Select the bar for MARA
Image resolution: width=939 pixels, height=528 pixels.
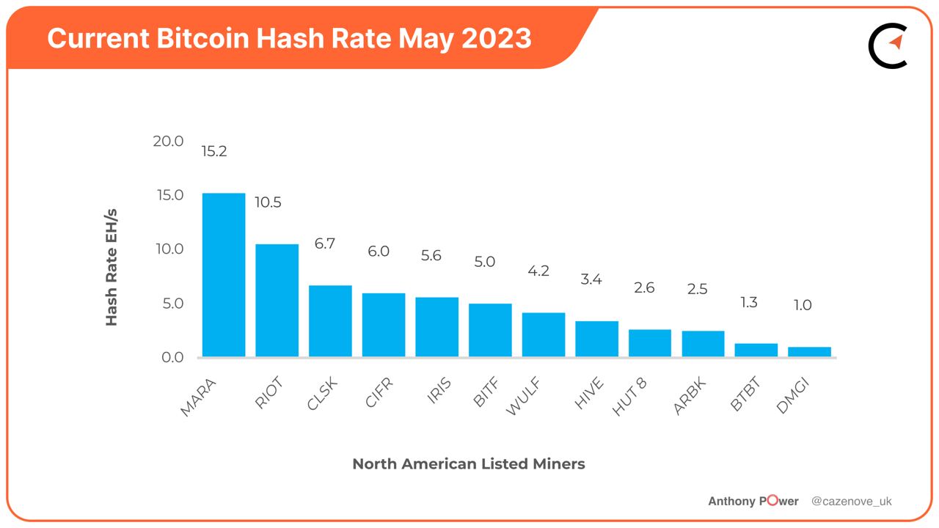pyautogui.click(x=224, y=275)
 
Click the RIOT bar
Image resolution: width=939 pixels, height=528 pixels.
pyautogui.click(x=277, y=301)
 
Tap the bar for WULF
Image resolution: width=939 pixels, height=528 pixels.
pyautogui.click(x=544, y=335)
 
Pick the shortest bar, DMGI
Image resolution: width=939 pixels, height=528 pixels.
pyautogui.click(x=809, y=352)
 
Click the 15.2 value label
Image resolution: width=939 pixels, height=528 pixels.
pyautogui.click(x=214, y=152)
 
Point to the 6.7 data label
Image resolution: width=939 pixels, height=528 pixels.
pyautogui.click(x=324, y=243)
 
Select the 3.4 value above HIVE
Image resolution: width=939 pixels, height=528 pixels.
pyautogui.click(x=591, y=279)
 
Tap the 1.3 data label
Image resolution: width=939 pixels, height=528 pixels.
pyautogui.click(x=748, y=302)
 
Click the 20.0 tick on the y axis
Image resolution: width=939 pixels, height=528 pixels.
pyautogui.click(x=168, y=141)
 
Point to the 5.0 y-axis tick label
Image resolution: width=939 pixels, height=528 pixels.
pyautogui.click(x=168, y=304)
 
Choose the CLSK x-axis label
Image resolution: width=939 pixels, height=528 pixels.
pyautogui.click(x=323, y=394)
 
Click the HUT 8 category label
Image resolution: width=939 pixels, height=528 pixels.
pyautogui.click(x=629, y=398)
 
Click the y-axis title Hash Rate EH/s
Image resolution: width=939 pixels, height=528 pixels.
pyautogui.click(x=112, y=268)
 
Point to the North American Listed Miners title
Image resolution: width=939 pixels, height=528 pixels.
pyautogui.click(x=469, y=463)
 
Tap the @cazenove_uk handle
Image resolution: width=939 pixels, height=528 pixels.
pyautogui.click(x=851, y=501)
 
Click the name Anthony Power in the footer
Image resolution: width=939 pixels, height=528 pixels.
pyautogui.click(x=753, y=501)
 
